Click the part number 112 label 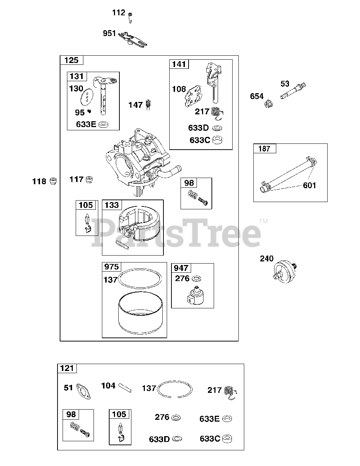point(119,13)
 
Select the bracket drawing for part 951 point(132,39)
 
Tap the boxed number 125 point(71,60)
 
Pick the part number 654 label point(257,96)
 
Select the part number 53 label point(285,84)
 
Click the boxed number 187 point(265,149)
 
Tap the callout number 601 point(309,185)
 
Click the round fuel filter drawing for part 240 point(285,269)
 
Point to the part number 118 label point(39,181)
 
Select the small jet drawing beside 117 point(89,179)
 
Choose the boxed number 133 point(112,205)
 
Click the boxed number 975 point(111,267)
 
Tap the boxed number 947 point(181,268)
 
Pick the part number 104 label point(108,386)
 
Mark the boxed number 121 point(67,368)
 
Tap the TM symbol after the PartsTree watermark point(263,221)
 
